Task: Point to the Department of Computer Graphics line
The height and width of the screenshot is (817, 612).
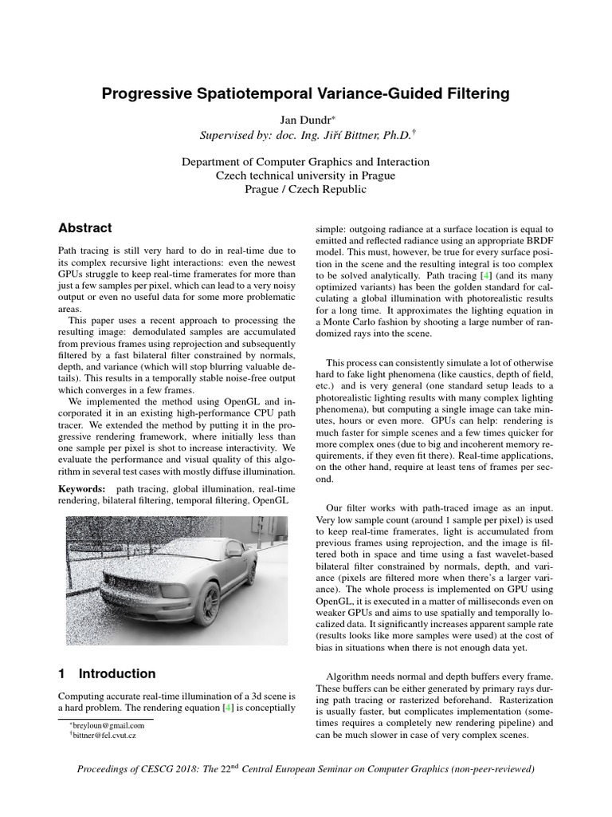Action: pyautogui.click(x=305, y=162)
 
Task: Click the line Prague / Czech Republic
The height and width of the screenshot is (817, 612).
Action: pyautogui.click(x=305, y=189)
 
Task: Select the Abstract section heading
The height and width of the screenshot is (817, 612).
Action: pyautogui.click(x=85, y=228)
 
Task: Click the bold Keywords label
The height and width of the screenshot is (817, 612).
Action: pyautogui.click(x=81, y=488)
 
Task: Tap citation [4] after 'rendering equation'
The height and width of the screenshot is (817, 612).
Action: pyautogui.click(x=227, y=708)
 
